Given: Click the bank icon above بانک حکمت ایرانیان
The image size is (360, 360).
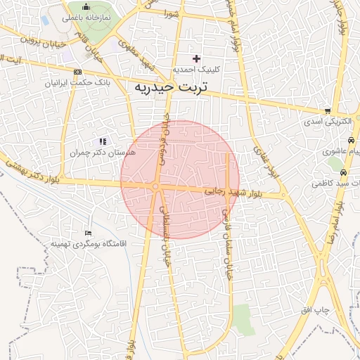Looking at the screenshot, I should point(77,72).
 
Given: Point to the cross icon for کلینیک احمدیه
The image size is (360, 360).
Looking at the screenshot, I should point(195,58).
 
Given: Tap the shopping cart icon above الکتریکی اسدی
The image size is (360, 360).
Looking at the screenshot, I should point(328,111).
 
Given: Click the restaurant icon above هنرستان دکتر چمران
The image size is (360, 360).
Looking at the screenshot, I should point(103,141).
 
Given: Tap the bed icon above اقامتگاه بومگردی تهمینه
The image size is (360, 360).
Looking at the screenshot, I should point(87,233).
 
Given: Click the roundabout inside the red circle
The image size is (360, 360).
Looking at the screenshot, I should point(155,186).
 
